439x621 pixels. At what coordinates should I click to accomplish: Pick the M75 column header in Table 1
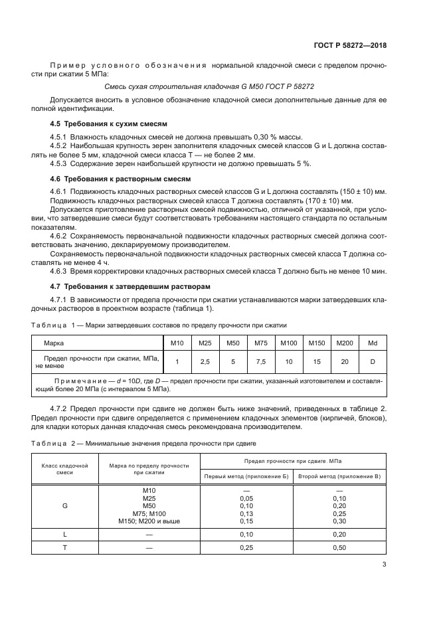260,343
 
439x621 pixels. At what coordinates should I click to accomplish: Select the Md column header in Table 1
373,343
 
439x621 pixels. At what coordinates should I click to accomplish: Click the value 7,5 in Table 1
260,361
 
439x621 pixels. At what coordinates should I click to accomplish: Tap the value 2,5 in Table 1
205,361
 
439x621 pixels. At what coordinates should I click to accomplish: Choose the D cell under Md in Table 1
373,361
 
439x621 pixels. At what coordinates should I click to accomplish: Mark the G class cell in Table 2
65,505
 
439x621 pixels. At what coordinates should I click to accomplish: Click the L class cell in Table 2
65,533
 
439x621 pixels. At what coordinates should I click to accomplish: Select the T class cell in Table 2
65,548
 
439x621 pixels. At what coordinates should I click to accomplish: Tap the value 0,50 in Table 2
339,548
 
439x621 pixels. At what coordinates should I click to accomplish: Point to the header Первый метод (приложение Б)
246,477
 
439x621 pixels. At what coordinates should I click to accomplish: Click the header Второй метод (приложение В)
339,477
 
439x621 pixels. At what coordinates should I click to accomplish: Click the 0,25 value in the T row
246,548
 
